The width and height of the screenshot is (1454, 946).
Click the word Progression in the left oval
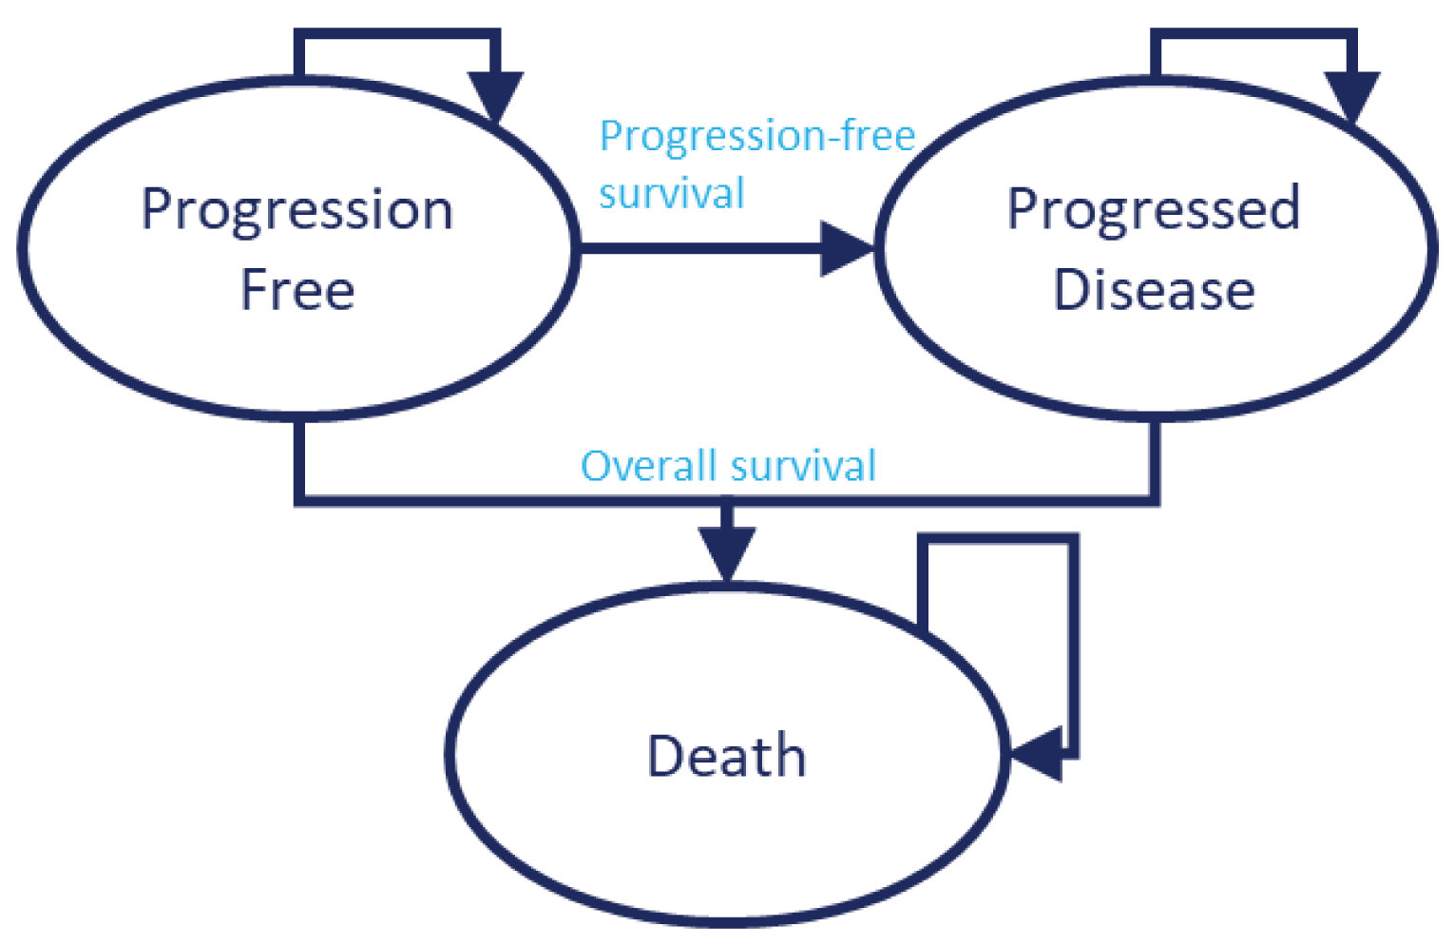point(297,211)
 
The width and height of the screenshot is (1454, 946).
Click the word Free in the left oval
point(297,290)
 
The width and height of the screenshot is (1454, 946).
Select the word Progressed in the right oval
point(1153,211)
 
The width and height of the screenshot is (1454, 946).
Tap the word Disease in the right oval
point(1154,290)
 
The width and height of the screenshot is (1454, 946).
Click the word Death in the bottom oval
point(726,757)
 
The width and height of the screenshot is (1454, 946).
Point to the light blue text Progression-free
point(756,136)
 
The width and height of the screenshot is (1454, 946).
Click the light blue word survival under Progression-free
point(671,194)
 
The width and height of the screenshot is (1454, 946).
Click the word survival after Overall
point(803,467)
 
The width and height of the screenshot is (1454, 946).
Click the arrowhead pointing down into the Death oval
point(727,551)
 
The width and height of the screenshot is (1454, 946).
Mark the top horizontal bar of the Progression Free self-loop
point(397,35)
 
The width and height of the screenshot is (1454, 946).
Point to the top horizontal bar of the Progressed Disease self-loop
point(1253,35)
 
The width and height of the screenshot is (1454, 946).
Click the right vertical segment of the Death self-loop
point(1073,647)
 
